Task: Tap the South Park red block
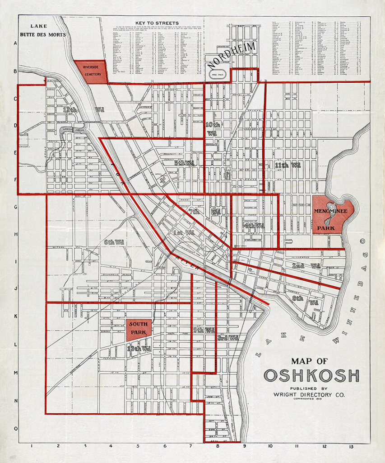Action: [x=139, y=329]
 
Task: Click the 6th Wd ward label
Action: [x=114, y=242]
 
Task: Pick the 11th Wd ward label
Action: [x=288, y=165]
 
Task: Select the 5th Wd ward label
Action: [x=184, y=163]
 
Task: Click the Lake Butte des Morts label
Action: [x=42, y=31]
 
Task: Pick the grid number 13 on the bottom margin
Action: [x=351, y=447]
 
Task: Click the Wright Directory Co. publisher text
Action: [x=309, y=394]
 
